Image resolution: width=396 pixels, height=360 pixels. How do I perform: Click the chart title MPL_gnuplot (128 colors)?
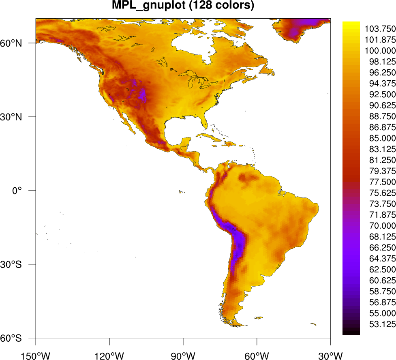[x=183, y=6]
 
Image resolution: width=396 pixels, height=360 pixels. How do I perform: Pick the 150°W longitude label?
[x=36, y=355]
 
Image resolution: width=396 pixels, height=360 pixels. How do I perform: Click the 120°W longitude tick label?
[x=109, y=355]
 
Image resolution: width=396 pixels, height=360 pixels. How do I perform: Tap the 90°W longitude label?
[x=183, y=355]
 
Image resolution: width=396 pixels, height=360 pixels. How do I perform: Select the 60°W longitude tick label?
[x=257, y=355]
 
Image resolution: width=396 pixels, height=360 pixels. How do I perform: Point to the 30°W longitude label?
[x=330, y=355]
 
